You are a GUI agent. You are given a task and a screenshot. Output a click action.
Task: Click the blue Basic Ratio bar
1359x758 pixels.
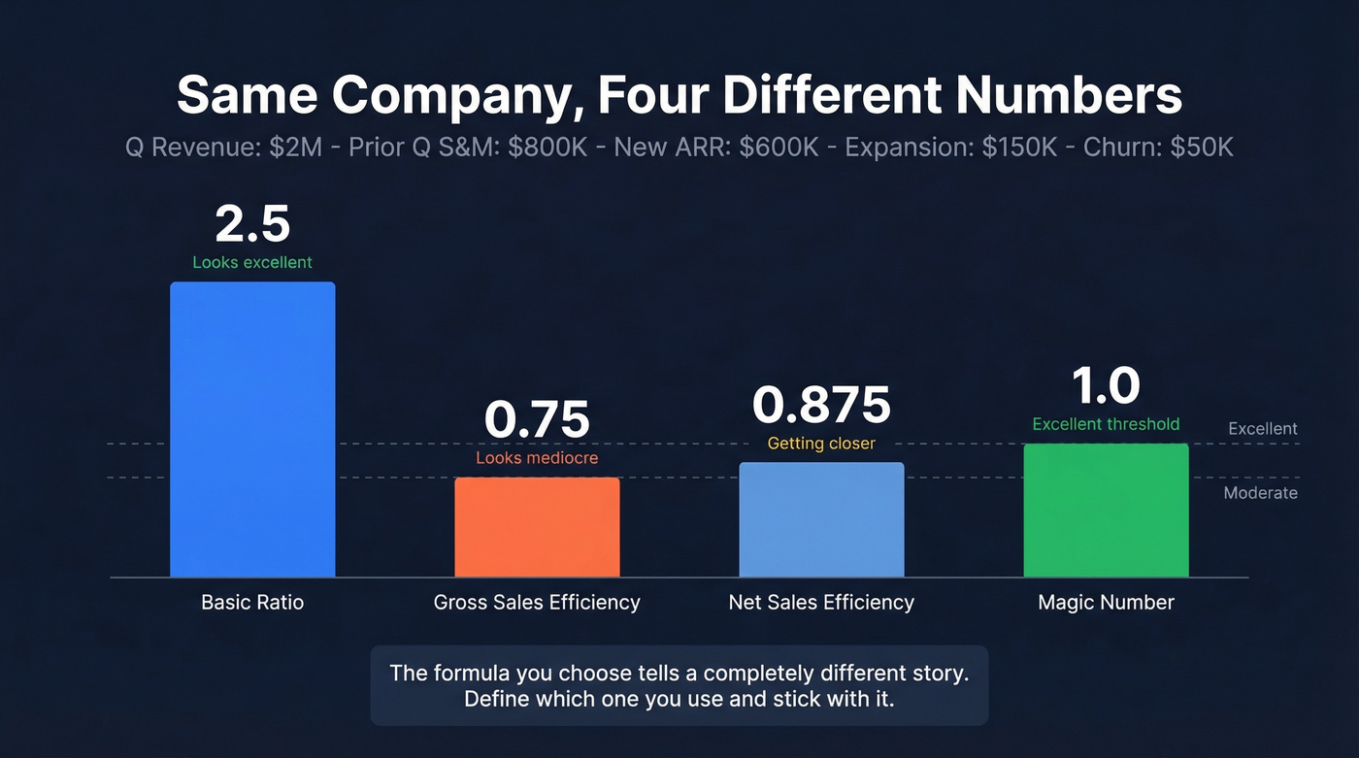252,429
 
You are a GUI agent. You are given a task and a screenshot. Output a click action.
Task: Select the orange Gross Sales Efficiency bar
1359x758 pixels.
537,527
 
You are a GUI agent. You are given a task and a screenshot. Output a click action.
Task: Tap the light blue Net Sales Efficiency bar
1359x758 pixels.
821,519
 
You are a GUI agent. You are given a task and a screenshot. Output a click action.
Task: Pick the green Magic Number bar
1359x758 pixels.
1106,511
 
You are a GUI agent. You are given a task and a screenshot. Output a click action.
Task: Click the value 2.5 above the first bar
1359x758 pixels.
252,224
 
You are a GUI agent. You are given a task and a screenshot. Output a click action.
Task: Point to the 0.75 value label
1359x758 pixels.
537,419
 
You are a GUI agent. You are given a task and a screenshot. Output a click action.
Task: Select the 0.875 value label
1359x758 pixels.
821,405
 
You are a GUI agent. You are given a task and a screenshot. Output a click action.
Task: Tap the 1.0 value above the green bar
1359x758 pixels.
1106,386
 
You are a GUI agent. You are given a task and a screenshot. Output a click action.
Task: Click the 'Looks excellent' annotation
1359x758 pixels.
252,262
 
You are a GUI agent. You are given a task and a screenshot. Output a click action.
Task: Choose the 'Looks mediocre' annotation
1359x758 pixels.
537,458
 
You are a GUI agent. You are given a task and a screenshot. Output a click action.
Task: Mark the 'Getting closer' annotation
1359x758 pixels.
821,444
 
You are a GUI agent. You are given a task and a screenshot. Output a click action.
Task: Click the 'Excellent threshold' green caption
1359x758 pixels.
1106,424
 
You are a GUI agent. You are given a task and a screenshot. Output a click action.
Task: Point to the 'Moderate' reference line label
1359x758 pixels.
1260,493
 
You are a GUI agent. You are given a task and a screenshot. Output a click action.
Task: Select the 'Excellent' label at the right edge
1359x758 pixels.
1262,429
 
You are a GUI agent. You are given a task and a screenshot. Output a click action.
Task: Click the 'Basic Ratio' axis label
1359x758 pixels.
252,603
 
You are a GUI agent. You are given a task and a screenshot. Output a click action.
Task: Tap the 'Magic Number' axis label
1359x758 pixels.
1106,603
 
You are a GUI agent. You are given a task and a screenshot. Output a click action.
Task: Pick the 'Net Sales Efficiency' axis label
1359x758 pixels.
821,603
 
